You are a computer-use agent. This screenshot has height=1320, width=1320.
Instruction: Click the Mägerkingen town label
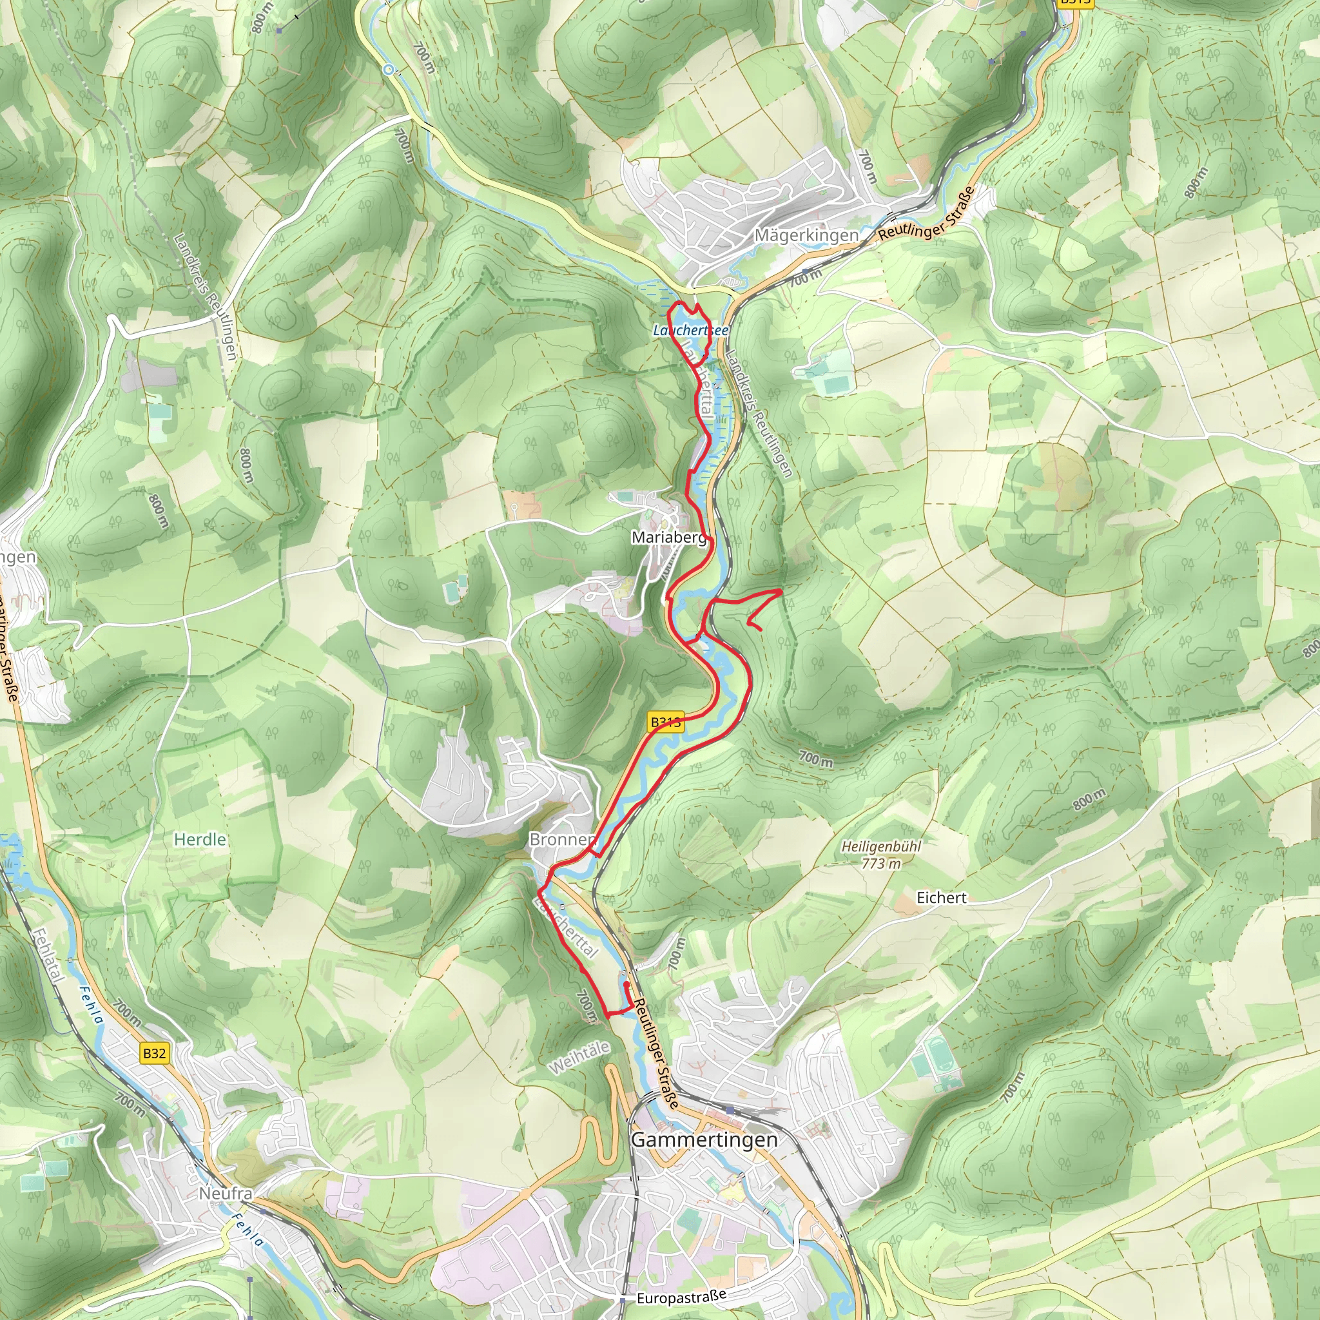click(x=806, y=235)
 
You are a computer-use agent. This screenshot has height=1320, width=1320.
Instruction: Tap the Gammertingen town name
click(x=704, y=1139)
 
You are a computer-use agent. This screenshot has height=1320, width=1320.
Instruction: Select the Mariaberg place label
click(x=669, y=538)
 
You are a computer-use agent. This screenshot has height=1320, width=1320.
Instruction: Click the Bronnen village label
click(x=561, y=839)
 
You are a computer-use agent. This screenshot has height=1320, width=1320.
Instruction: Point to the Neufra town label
click(x=226, y=1193)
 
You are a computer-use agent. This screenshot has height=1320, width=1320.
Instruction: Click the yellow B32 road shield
click(x=155, y=1053)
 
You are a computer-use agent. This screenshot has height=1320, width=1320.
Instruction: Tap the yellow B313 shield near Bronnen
click(x=665, y=722)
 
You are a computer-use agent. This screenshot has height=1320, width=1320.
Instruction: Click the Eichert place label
click(x=941, y=898)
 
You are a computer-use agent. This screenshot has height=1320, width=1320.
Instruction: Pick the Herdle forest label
click(x=200, y=839)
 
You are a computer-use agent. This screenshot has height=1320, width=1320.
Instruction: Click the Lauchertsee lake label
click(x=690, y=330)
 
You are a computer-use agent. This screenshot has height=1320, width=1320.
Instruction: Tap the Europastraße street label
click(x=681, y=1296)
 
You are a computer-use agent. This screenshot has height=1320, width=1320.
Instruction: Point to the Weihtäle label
click(x=579, y=1058)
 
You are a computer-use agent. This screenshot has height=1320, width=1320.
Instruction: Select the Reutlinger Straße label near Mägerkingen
click(x=926, y=213)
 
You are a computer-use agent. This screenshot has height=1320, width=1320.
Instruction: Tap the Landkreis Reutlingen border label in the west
click(x=204, y=296)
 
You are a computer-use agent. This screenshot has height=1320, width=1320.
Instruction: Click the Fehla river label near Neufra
click(x=246, y=1230)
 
